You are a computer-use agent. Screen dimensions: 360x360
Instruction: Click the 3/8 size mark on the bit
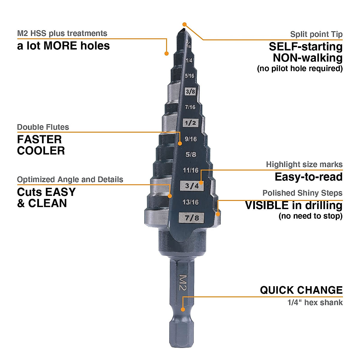(x=190, y=91)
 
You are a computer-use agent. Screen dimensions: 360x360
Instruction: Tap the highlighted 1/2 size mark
(x=190, y=123)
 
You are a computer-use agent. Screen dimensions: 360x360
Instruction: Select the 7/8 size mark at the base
(x=192, y=217)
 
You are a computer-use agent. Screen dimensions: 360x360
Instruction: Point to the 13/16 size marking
(x=190, y=202)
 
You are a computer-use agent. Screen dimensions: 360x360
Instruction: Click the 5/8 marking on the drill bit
(x=191, y=155)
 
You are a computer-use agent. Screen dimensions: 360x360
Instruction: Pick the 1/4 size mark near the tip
(x=189, y=61)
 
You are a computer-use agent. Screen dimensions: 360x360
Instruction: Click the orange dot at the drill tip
(x=184, y=24)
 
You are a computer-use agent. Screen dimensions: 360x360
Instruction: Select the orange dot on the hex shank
(x=183, y=309)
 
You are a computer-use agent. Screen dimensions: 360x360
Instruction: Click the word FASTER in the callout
(x=39, y=139)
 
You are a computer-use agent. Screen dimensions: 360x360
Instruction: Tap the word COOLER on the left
(x=41, y=151)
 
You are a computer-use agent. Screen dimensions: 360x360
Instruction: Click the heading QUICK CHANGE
(x=301, y=290)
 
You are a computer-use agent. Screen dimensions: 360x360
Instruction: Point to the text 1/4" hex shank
(x=315, y=302)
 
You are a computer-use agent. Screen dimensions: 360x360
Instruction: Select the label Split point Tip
(x=316, y=34)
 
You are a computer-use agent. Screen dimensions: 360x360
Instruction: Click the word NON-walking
(x=307, y=58)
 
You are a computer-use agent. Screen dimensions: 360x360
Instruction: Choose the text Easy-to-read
(x=308, y=177)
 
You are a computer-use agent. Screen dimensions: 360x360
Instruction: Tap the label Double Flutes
(x=43, y=127)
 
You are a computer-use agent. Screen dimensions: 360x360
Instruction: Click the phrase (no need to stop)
(x=310, y=216)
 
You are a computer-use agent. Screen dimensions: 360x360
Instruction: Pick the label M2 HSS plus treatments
(x=62, y=33)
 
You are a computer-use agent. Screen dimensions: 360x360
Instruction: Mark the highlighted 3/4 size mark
(x=192, y=186)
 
